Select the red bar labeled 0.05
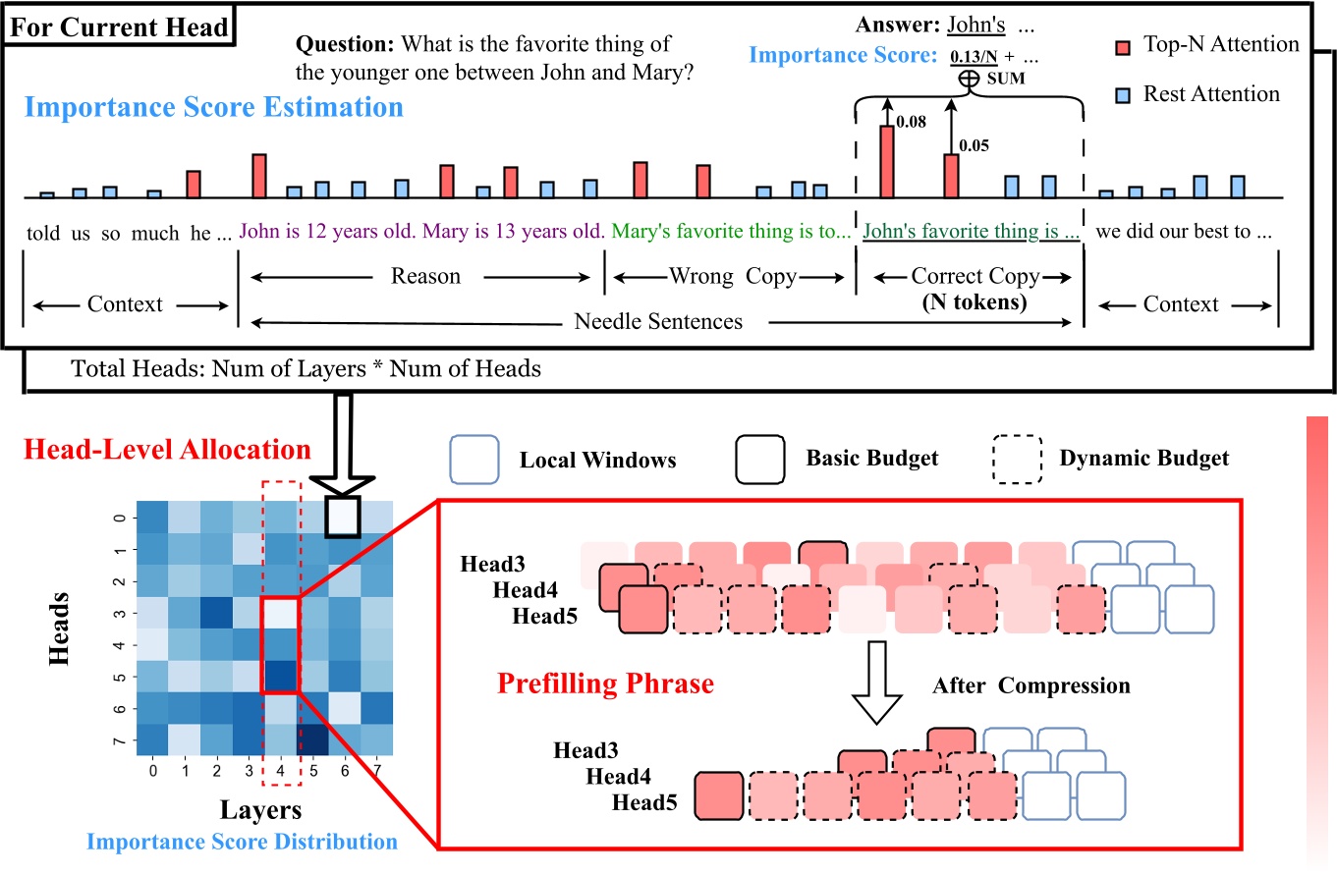pos(951,175)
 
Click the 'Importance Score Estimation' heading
pos(213,107)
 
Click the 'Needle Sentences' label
pos(658,321)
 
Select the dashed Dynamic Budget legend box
pos(1017,459)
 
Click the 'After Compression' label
pos(1031,684)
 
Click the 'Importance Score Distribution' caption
pos(242,842)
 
